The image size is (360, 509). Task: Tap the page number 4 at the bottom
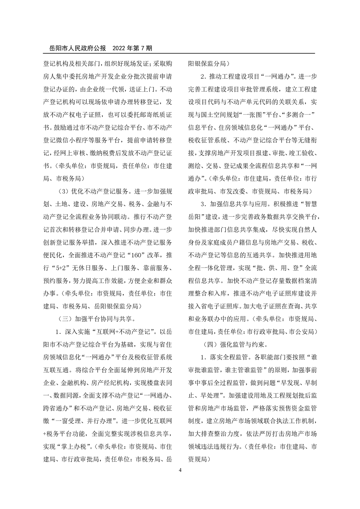pos(180,470)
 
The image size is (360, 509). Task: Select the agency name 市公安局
pos(303,331)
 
